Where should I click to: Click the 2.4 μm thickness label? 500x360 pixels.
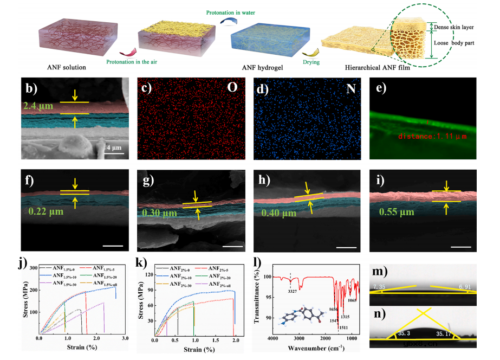click(38, 106)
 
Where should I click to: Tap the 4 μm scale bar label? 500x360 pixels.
click(112, 147)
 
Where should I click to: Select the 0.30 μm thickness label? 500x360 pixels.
click(157, 213)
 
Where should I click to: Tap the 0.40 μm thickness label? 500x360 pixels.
click(278, 213)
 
